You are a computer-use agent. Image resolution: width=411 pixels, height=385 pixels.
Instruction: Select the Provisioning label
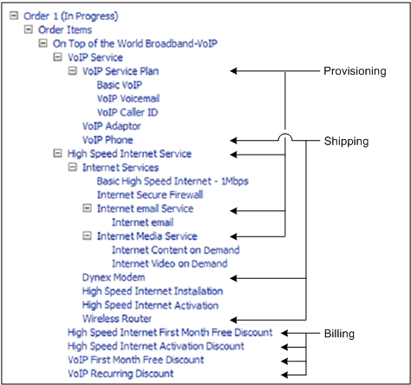point(354,71)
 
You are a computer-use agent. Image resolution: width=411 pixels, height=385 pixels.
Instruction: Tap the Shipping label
point(347,140)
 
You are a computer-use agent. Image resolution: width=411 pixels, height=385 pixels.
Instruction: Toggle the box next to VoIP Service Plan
point(73,71)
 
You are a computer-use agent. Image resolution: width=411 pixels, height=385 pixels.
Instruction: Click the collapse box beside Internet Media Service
point(88,236)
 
